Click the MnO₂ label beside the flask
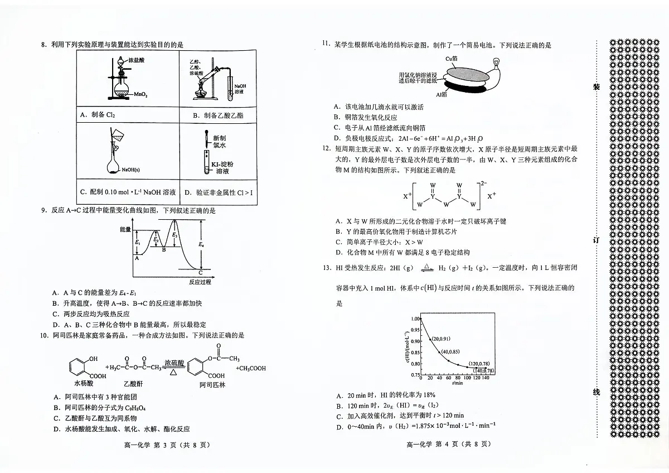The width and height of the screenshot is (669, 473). click(x=140, y=95)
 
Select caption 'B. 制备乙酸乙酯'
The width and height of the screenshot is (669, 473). click(x=218, y=115)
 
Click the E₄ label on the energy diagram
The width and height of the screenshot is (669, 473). click(x=202, y=244)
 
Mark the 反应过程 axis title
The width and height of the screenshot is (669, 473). click(x=200, y=282)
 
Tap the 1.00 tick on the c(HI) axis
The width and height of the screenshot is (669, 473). click(x=414, y=318)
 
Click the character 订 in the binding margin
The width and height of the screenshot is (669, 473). click(x=595, y=240)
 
